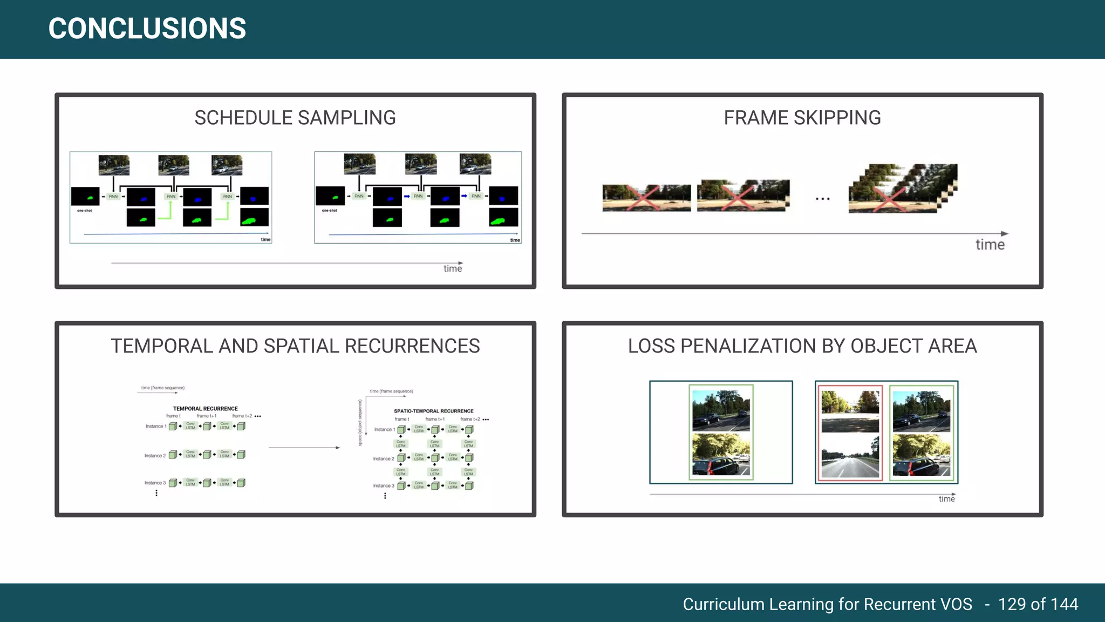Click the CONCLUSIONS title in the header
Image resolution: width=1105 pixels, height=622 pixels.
tap(147, 29)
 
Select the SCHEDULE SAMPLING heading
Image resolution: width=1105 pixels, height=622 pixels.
tap(295, 118)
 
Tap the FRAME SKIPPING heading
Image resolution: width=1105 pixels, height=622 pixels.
tap(802, 118)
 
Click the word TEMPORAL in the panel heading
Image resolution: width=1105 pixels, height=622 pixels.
tap(162, 346)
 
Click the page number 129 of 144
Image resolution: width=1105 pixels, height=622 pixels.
tap(1038, 604)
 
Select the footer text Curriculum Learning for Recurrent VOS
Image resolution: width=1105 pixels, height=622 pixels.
tap(827, 604)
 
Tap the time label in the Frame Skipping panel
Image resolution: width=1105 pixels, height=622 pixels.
tap(990, 245)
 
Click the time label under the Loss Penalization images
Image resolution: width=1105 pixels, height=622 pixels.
tap(946, 499)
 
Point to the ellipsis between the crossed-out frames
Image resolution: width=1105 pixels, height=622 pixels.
tap(822, 199)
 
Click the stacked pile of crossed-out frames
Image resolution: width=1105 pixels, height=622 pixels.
tap(902, 189)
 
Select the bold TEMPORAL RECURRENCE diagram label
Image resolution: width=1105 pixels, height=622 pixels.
tap(205, 409)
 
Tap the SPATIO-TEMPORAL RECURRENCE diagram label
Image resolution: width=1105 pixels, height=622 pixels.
tap(433, 411)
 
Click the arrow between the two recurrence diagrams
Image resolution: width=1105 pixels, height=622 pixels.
tap(304, 448)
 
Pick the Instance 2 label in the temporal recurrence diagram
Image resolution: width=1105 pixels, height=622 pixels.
tap(155, 456)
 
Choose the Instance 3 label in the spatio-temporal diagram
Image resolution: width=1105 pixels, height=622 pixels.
tap(384, 486)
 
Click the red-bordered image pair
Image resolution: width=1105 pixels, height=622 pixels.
tap(850, 432)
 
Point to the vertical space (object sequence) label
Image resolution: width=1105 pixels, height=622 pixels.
tap(360, 423)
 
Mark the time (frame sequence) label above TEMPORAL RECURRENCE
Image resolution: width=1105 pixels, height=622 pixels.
tap(162, 388)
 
